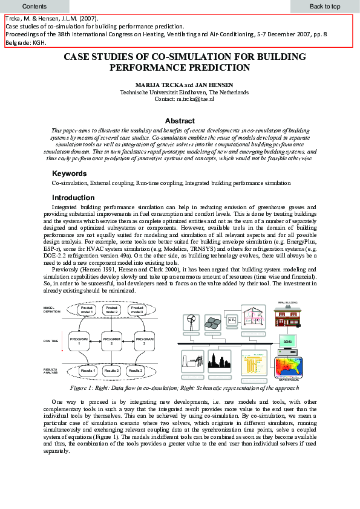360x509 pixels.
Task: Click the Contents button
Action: pos(34,6)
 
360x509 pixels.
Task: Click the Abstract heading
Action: pos(180,121)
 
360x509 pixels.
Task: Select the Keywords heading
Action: pos(70,173)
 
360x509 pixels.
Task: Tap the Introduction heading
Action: pos(73,198)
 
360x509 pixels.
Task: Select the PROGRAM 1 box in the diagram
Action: pos(79,342)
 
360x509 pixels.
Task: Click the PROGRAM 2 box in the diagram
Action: pos(111,342)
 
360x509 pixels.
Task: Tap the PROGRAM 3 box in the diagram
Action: pos(144,342)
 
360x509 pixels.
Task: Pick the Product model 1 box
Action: pos(87,310)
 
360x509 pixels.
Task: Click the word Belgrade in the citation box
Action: pos(17,43)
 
